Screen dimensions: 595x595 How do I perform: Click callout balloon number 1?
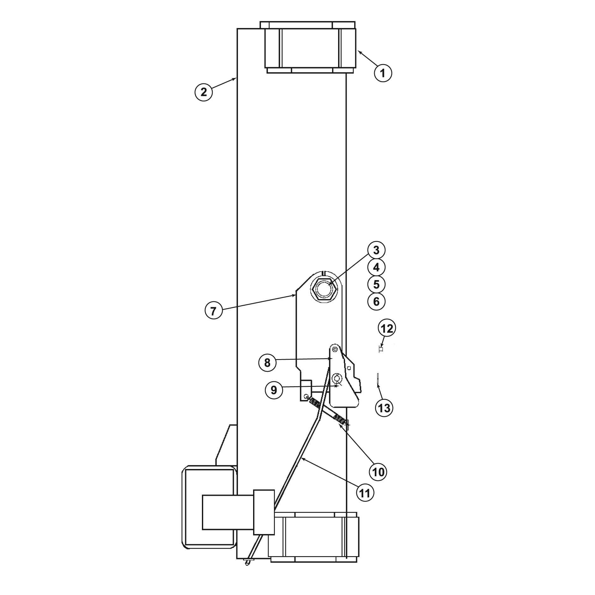coord(383,73)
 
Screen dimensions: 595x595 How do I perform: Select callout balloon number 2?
coord(203,92)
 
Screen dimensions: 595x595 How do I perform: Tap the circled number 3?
coord(376,250)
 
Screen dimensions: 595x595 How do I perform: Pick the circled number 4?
coord(376,267)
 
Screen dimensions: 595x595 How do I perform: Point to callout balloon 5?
coord(376,285)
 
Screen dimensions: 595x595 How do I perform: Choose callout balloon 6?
coord(376,302)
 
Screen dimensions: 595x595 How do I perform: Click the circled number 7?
coord(214,311)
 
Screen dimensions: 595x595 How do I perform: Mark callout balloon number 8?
coord(267,363)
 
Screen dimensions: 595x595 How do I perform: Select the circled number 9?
coord(274,390)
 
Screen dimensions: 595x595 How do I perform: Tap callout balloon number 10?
coord(378,472)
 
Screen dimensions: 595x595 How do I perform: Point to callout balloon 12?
coord(387,329)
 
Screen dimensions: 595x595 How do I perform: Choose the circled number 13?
coord(384,408)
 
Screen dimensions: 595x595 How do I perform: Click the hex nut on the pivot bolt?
coord(324,289)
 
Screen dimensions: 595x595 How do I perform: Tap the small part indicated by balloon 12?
coord(381,349)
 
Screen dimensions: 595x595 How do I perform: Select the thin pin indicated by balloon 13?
coord(378,379)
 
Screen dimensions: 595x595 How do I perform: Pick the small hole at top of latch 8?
coord(335,349)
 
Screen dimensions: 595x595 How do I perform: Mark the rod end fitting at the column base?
coord(249,562)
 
